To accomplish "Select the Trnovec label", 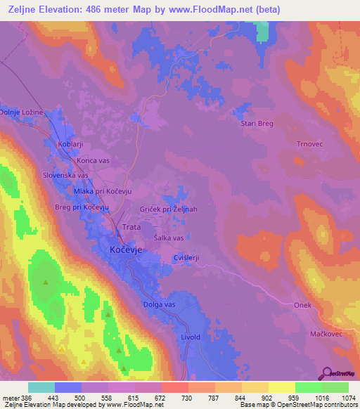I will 309,143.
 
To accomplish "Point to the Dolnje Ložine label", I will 22,112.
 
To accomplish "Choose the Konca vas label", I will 93,160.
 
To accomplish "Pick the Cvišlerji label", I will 186,258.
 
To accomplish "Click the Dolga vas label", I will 160,304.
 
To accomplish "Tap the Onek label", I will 302,304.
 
